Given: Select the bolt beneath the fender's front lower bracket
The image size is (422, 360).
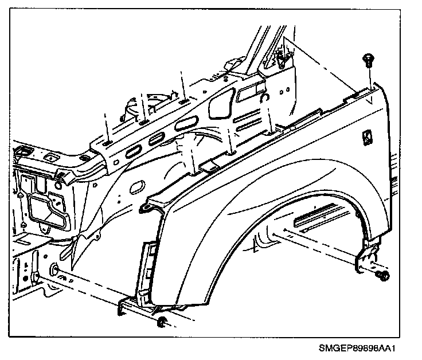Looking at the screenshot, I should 162,323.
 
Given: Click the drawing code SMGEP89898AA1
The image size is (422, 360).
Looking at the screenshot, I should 357,348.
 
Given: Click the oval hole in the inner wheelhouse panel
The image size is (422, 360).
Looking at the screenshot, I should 138,187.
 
